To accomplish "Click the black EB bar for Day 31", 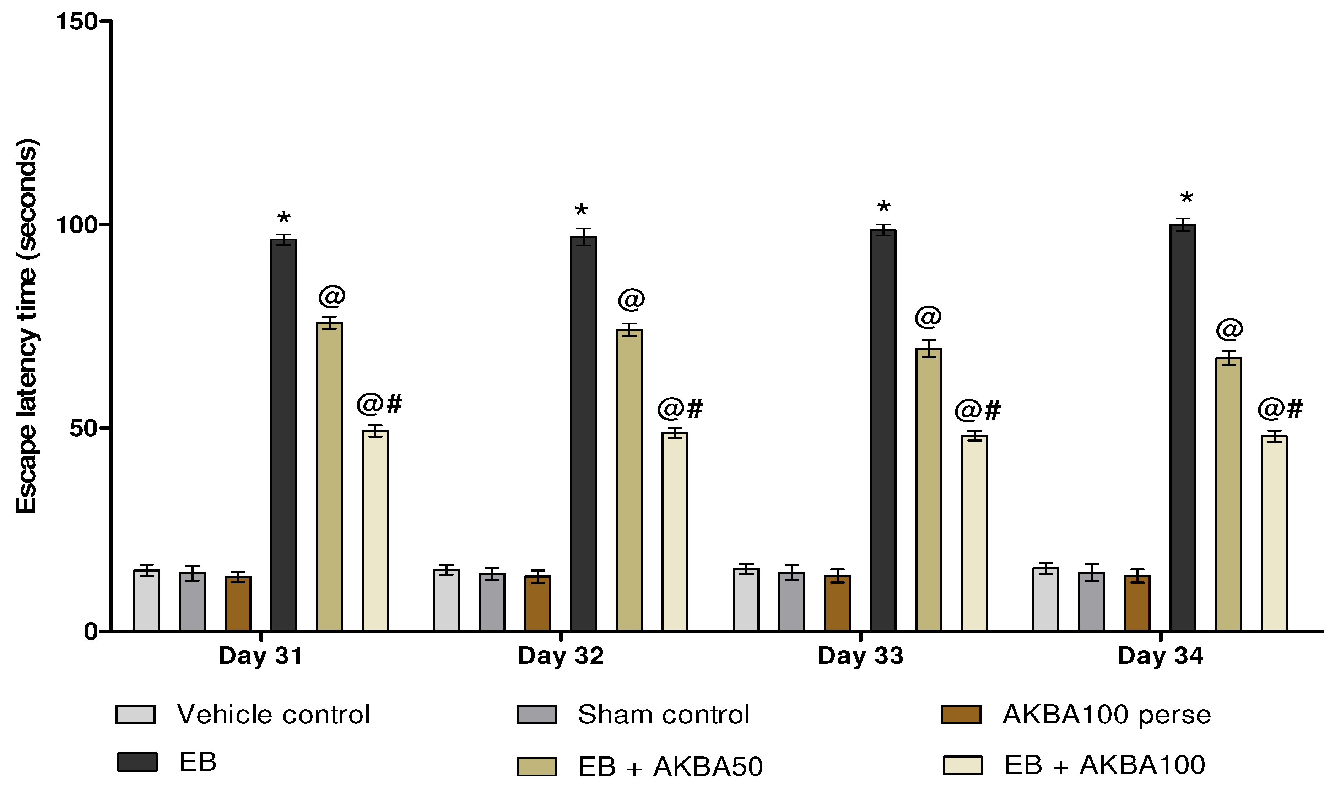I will tap(283, 435).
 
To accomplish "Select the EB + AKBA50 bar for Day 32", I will tap(629, 480).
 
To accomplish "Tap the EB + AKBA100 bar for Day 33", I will tap(974, 533).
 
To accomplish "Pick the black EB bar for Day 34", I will tap(1183, 427).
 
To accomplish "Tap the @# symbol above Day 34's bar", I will tap(1280, 409).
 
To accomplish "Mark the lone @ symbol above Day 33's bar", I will tap(928, 317).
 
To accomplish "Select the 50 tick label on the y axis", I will tap(84, 428).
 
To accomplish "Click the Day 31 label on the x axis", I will tap(260, 656).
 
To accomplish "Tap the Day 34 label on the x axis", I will tap(1160, 656).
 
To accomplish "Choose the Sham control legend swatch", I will tap(536, 714).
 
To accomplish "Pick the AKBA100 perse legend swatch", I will tap(961, 714).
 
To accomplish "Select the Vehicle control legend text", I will tap(273, 714).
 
